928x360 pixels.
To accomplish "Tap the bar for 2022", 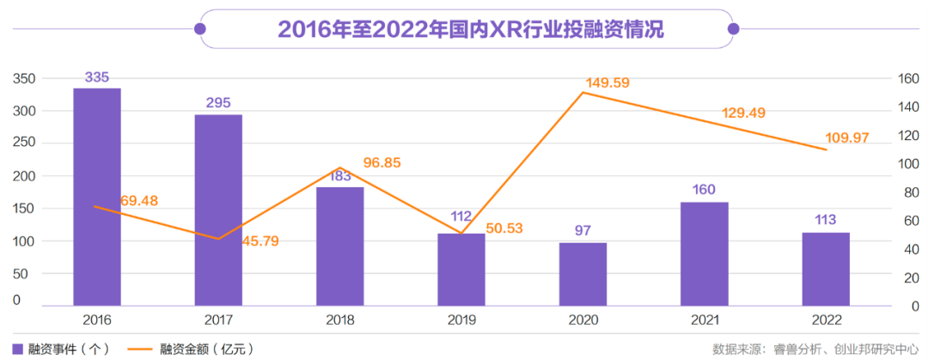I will point(826,268).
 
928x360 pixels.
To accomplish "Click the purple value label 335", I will point(96,77).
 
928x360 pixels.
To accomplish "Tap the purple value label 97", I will point(583,231).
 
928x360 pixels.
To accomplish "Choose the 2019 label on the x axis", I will point(461,320).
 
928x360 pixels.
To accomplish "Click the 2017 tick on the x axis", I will point(218,320).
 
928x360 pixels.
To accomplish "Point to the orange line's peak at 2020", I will point(583,92).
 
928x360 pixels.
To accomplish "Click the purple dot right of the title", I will point(733,29).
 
